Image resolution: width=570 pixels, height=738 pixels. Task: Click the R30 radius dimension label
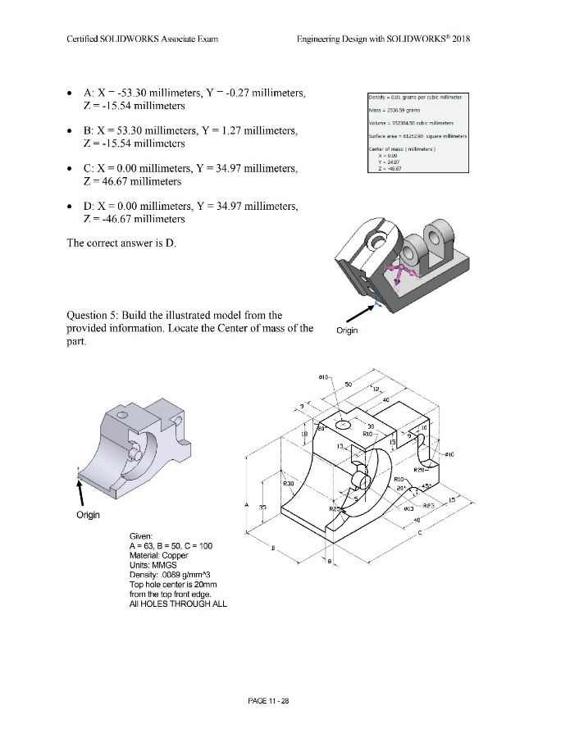coord(288,484)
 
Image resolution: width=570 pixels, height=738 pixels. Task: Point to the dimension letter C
coord(420,534)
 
